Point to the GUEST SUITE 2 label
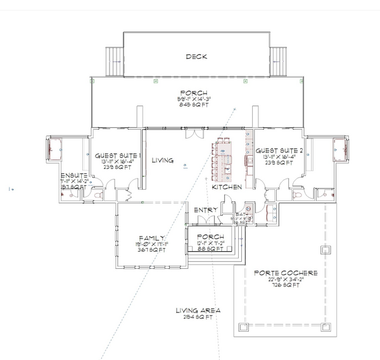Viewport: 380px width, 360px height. pyautogui.click(x=279, y=151)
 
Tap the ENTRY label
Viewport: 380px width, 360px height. pyautogui.click(x=206, y=209)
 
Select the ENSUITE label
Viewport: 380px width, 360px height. pyautogui.click(x=73, y=175)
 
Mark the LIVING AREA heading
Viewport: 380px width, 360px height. pyautogui.click(x=199, y=311)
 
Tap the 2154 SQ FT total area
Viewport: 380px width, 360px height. pyautogui.click(x=199, y=318)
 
